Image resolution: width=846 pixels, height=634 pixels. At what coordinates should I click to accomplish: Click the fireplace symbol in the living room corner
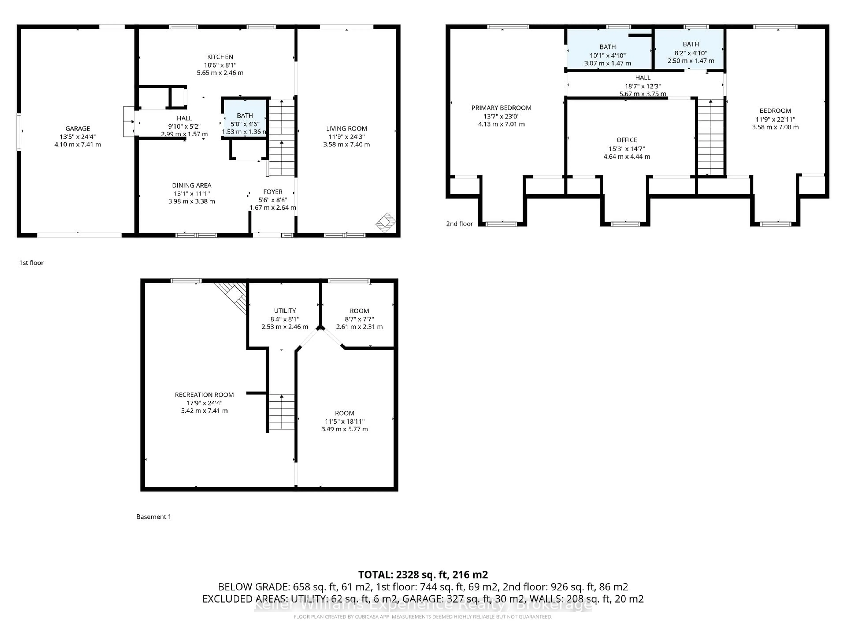(x=386, y=222)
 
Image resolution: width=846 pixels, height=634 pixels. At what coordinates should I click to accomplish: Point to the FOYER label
(x=273, y=192)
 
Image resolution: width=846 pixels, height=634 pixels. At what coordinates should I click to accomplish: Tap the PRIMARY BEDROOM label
(x=501, y=108)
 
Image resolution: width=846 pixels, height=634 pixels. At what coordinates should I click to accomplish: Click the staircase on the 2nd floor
(x=711, y=138)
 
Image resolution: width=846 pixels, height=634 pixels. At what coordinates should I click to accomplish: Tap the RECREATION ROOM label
(x=204, y=395)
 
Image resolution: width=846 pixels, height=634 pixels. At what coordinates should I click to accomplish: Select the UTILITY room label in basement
(x=285, y=311)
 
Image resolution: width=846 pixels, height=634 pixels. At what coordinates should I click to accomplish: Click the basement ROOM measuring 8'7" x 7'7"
(x=359, y=319)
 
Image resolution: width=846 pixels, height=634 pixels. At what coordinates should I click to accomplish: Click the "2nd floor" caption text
(x=459, y=224)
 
